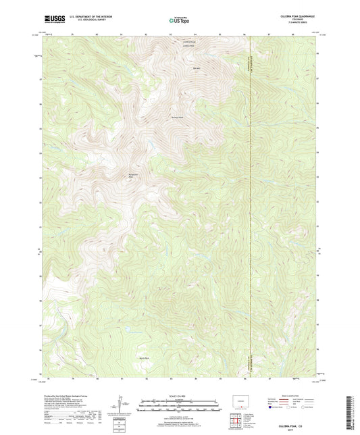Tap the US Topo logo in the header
pos(179,21)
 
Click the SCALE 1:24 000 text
pos(180,396)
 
